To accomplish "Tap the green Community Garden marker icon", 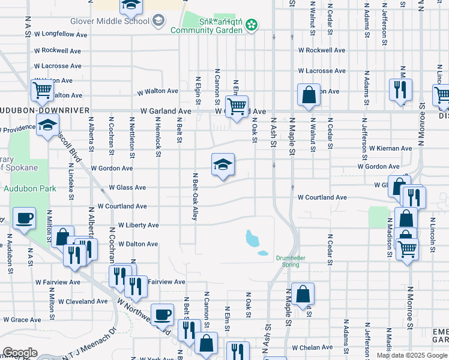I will tap(252, 25).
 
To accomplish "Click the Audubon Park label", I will tap(30, 188).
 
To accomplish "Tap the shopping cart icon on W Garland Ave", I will tap(237, 107).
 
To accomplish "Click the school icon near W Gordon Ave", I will tap(223, 164).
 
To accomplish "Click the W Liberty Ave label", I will tap(139, 225).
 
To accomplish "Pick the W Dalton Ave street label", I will tap(138, 244).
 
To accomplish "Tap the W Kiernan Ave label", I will tap(390, 148).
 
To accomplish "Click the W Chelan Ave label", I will tap(312, 348).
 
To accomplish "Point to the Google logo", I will tap(20, 353).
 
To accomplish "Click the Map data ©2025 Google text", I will tap(411, 355).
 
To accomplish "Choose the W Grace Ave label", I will tap(22, 320).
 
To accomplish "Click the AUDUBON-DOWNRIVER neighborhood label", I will tap(44, 111).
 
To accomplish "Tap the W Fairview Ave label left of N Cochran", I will tap(58, 281).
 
